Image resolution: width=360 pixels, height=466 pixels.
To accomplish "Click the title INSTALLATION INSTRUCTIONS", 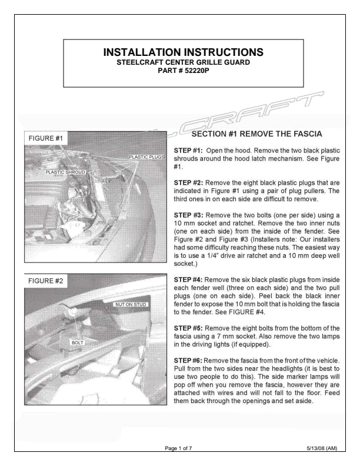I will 182,52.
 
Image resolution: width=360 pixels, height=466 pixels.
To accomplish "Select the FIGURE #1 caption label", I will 46,138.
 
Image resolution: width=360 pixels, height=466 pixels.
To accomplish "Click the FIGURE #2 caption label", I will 46,281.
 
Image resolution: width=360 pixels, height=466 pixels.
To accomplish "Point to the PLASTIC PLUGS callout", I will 146,157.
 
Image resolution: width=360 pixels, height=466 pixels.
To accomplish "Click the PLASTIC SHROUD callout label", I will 66,172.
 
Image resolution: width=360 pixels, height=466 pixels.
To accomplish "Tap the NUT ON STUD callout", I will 130,304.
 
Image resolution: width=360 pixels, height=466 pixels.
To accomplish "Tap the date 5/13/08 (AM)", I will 322,448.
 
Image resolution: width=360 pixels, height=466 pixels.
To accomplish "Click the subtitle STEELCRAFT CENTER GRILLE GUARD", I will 183,62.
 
